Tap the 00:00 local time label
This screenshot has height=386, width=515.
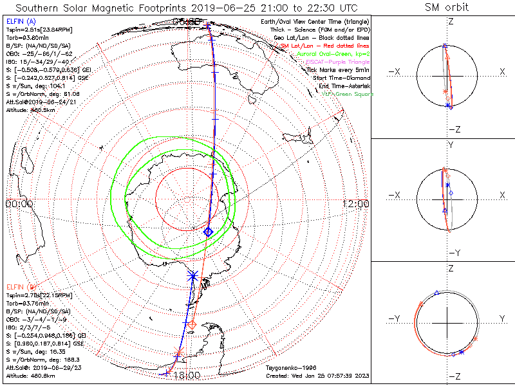click(x=19, y=203)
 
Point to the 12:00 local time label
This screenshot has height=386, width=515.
click(x=356, y=203)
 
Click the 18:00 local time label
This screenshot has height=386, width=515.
click(x=187, y=375)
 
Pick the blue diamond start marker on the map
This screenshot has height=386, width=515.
click(x=208, y=232)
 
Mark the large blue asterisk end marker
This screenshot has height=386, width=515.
click(x=192, y=276)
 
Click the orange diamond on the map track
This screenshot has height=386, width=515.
click(x=192, y=324)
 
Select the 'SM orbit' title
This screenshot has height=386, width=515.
click(x=447, y=8)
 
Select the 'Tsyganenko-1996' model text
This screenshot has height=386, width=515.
click(x=288, y=369)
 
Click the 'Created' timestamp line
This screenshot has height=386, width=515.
click(x=317, y=376)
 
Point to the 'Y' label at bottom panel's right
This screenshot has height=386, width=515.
click(x=501, y=318)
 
